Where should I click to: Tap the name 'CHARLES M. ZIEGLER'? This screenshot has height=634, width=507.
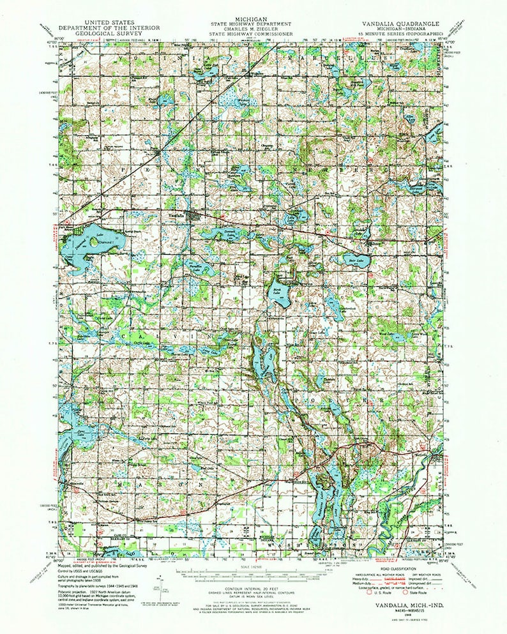click(253, 27)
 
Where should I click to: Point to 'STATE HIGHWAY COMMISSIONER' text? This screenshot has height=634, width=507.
click(253, 33)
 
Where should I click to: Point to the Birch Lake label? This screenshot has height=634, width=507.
click(276, 291)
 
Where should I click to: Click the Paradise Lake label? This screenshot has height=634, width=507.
click(195, 262)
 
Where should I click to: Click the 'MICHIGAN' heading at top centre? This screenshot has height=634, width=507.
click(253, 19)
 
